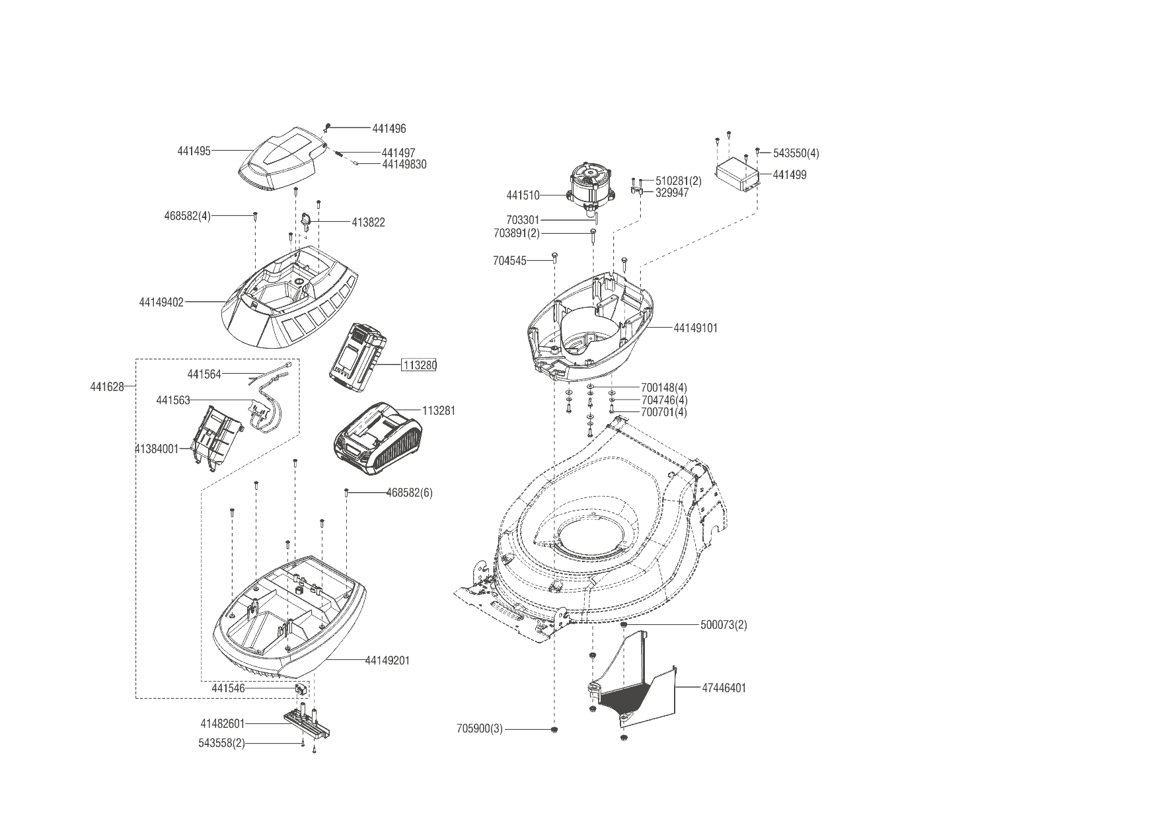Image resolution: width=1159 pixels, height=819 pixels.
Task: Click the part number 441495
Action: click(194, 151)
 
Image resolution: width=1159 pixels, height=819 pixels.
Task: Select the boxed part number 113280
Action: click(419, 365)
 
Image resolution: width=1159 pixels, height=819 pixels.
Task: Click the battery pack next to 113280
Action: click(357, 355)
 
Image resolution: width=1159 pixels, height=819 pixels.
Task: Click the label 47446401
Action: click(724, 688)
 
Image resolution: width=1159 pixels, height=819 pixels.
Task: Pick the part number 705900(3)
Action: click(479, 729)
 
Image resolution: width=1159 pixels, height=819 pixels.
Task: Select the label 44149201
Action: click(387, 660)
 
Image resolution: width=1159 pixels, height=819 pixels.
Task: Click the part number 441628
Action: click(107, 386)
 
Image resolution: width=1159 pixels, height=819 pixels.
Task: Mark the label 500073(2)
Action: click(724, 625)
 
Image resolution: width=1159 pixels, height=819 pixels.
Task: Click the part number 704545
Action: click(509, 261)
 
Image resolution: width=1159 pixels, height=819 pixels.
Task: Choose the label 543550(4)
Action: click(796, 153)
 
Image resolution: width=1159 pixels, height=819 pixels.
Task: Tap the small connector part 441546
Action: click(301, 689)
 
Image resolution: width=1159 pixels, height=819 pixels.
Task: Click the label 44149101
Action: click(695, 328)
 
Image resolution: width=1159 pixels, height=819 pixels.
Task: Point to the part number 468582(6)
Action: click(409, 493)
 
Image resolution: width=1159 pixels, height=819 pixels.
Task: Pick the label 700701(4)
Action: click(664, 412)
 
